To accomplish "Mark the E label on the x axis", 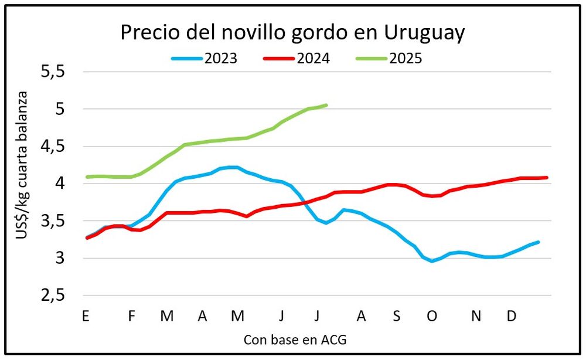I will tap(86, 316).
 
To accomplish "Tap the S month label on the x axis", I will tap(397, 316).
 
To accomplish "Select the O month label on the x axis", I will tap(432, 316).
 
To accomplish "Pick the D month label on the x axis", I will tap(512, 316).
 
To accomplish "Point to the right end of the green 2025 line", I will tap(326, 105).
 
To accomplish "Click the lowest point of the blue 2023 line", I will tap(432, 261).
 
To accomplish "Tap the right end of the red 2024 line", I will tap(547, 177).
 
